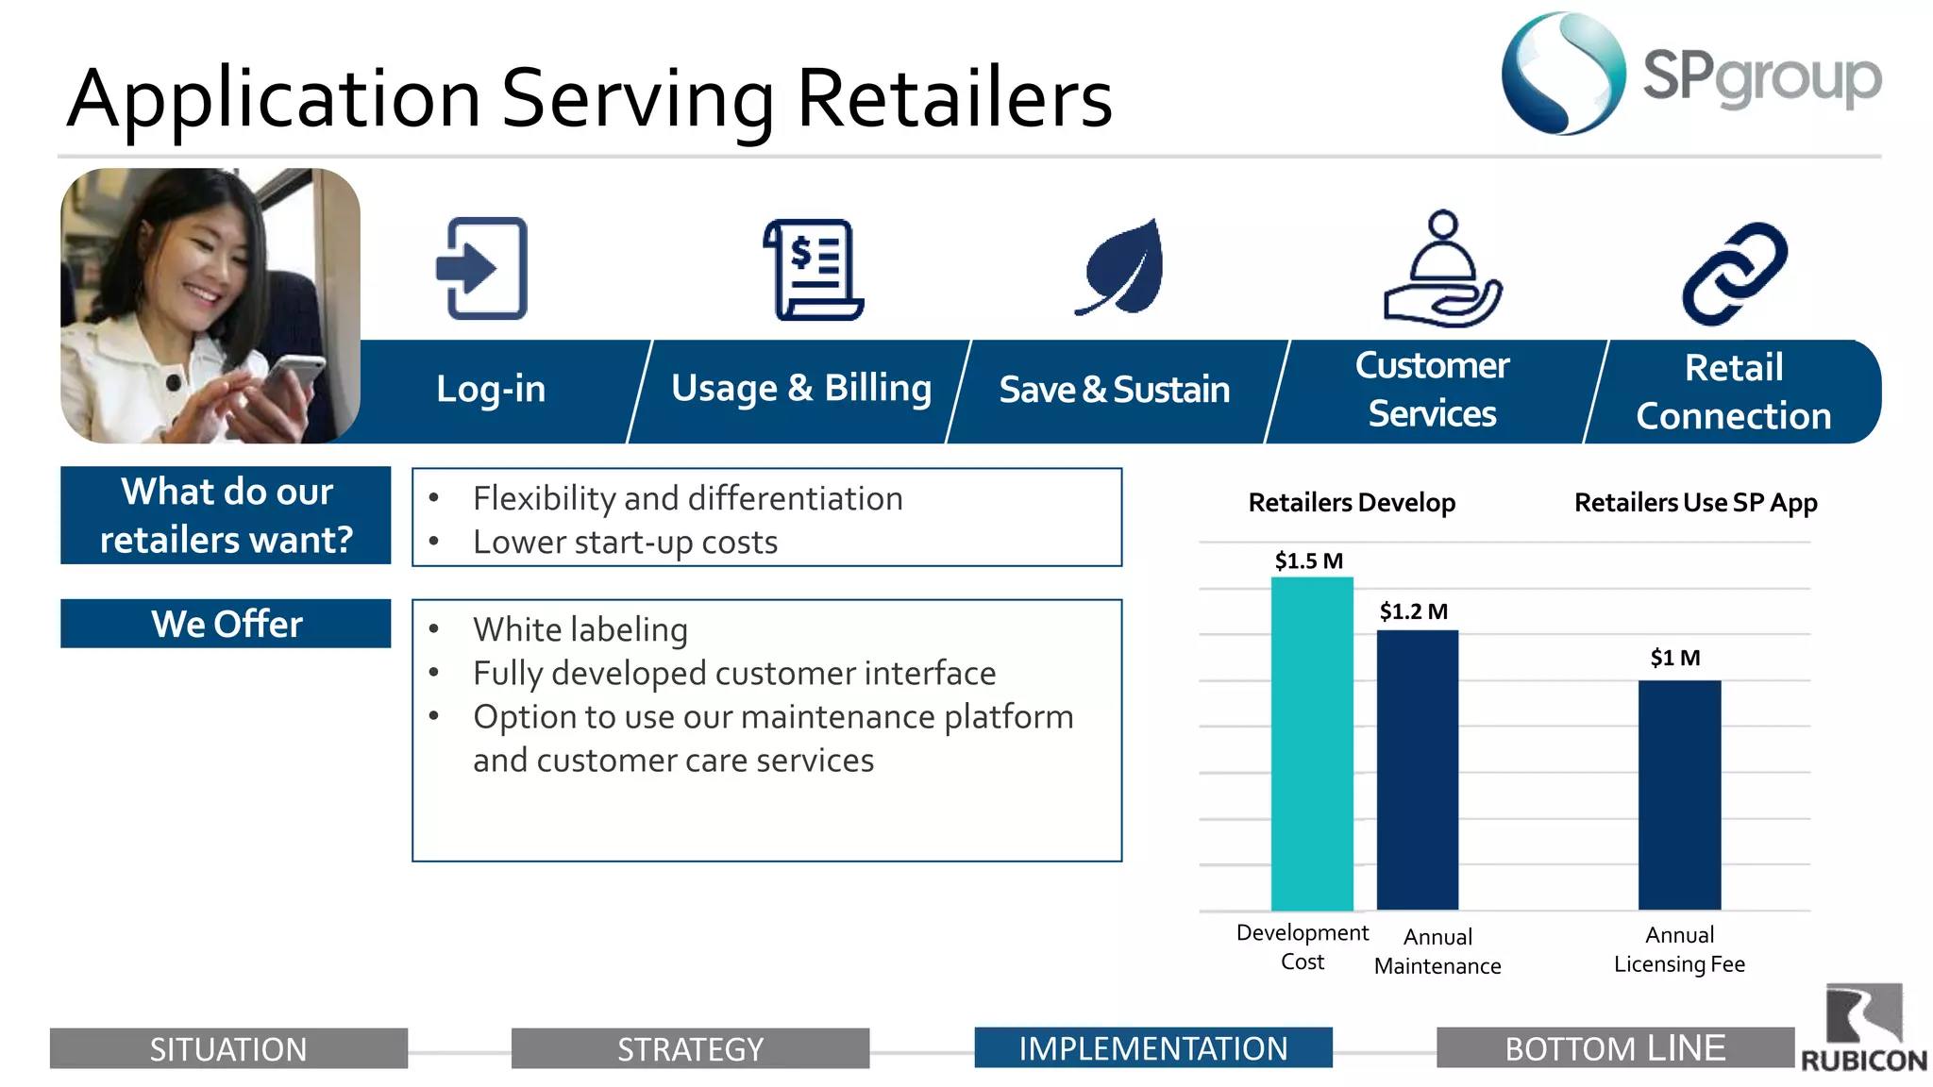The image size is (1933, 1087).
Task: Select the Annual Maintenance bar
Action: (x=1418, y=769)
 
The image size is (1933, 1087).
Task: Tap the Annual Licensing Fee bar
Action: (x=1679, y=794)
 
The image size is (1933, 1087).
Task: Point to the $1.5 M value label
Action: (x=1308, y=560)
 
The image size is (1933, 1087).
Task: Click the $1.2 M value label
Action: (x=1413, y=611)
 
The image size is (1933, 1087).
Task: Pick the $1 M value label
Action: (x=1674, y=658)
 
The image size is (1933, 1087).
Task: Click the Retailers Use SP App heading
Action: (x=1695, y=503)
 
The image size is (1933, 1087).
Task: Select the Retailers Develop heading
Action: (x=1352, y=503)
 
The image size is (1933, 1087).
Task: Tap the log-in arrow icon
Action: (x=482, y=269)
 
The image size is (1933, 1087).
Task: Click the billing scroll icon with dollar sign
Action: (x=814, y=270)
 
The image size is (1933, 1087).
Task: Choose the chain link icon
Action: (x=1734, y=274)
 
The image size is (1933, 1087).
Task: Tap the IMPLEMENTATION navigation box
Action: (x=1152, y=1047)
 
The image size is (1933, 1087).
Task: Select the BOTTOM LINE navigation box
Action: (x=1615, y=1047)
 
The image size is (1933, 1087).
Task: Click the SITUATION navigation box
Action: (x=228, y=1048)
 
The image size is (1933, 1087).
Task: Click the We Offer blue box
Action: (x=226, y=624)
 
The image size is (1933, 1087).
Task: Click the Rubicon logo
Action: (x=1863, y=1028)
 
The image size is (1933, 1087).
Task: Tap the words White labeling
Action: (x=580, y=629)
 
